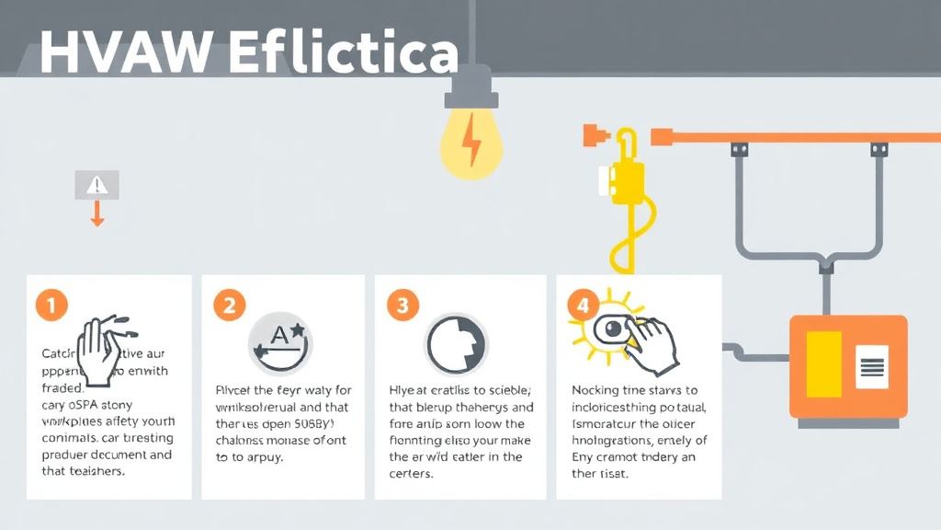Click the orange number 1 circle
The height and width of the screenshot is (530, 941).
tap(52, 305)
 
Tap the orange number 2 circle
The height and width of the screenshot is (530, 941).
tap(230, 305)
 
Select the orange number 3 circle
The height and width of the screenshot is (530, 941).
tap(402, 305)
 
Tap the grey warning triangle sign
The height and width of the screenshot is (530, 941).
tap(96, 185)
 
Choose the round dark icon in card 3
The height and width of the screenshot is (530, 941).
tap(456, 343)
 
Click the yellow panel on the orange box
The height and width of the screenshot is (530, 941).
tap(823, 366)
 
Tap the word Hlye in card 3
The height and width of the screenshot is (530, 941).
tap(408, 391)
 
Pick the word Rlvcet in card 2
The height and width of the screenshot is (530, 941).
tap(232, 391)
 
